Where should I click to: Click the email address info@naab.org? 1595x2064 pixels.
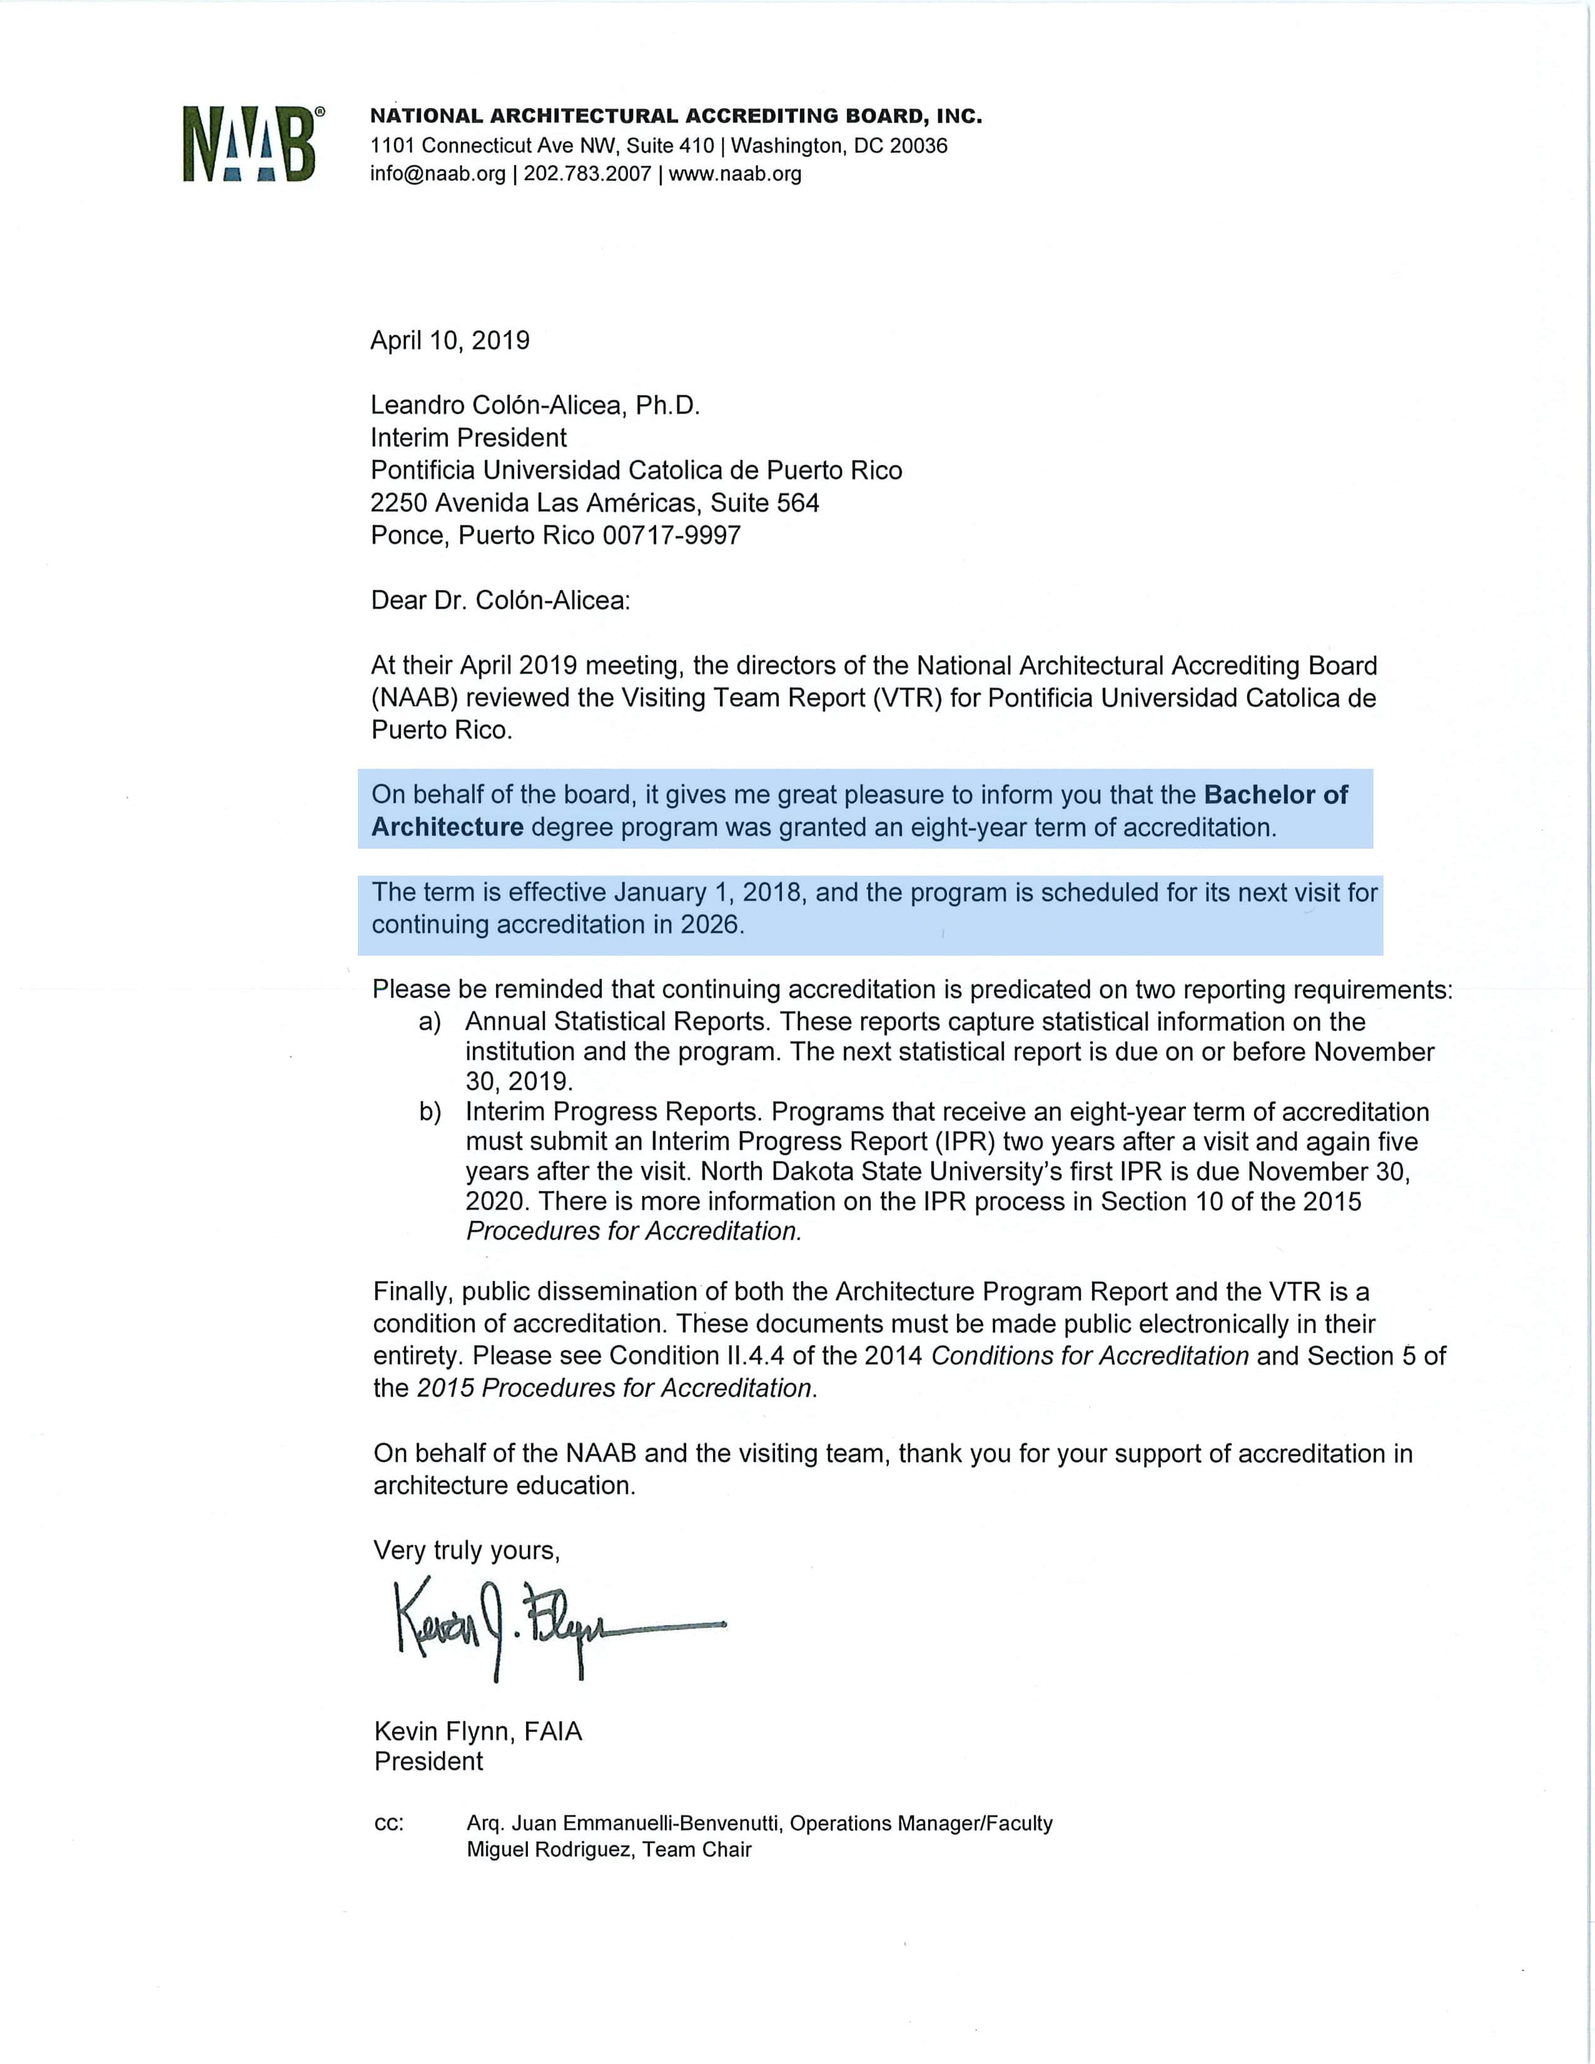point(437,174)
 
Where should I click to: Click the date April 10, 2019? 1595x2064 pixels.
point(450,340)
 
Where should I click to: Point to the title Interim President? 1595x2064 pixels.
point(468,438)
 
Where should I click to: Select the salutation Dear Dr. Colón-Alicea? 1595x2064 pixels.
point(500,600)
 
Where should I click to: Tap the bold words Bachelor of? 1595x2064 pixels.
point(1275,795)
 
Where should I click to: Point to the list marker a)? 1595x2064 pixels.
point(430,1021)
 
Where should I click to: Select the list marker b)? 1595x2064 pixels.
point(430,1112)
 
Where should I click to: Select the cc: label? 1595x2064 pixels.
point(389,1824)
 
